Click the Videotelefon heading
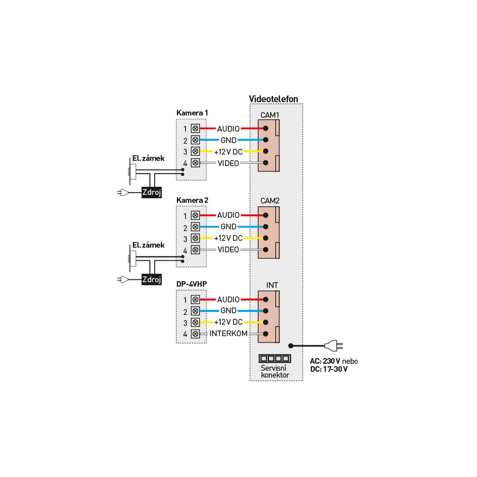[x=274, y=99]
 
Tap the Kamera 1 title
[x=192, y=113]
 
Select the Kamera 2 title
[x=192, y=200]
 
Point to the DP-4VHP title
[x=191, y=284]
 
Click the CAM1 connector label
[x=270, y=115]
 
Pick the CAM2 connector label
[x=270, y=201]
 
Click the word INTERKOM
[x=228, y=334]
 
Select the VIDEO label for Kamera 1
[x=228, y=163]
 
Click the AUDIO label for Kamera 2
[x=228, y=215]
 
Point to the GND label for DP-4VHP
[x=228, y=311]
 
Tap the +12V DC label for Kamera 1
[x=228, y=152]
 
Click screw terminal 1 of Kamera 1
[x=195, y=129]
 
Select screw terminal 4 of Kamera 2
[x=195, y=250]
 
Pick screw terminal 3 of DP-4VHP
[x=195, y=322]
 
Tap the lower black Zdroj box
[x=152, y=280]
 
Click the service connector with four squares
[x=275, y=358]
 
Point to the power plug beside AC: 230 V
[x=333, y=345]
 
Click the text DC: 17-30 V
[x=329, y=369]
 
